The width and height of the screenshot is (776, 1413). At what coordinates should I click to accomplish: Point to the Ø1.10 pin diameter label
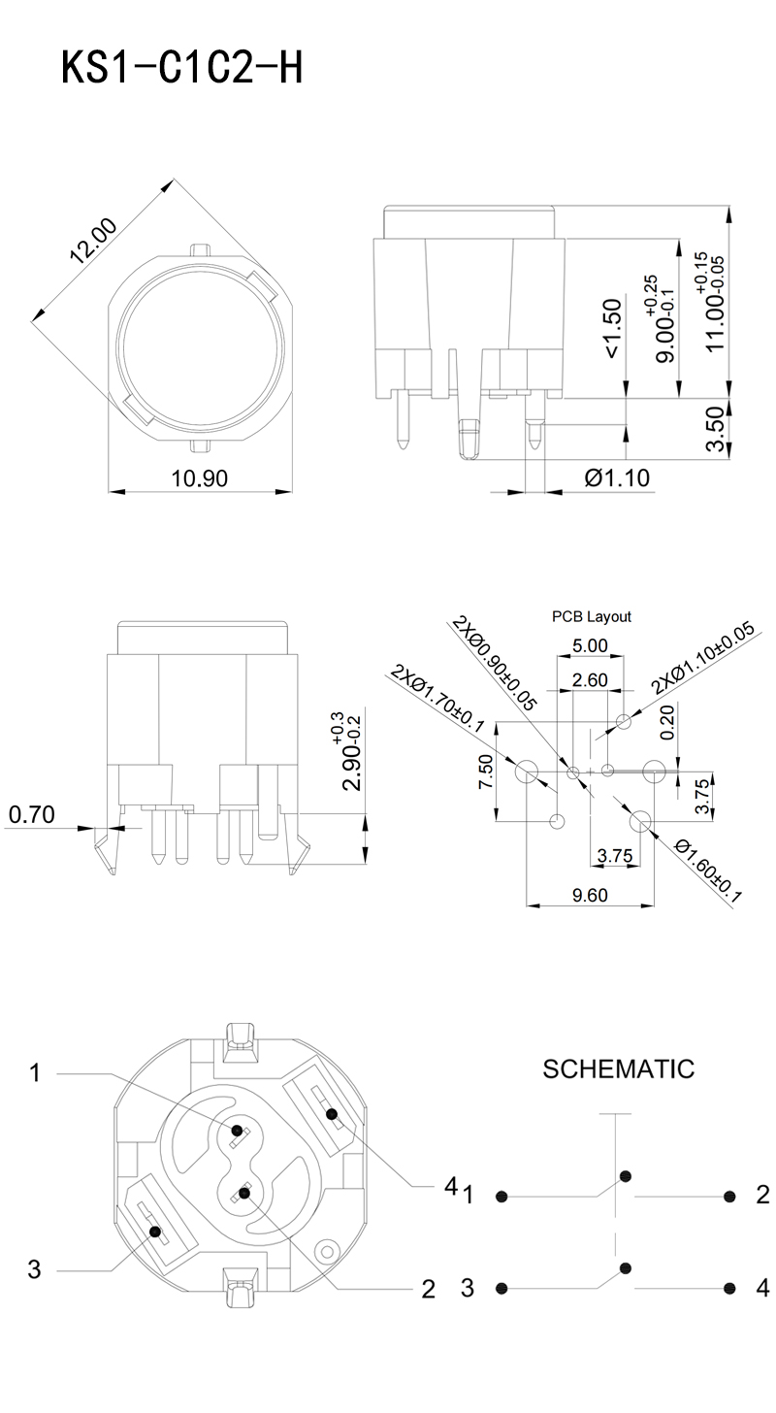617,477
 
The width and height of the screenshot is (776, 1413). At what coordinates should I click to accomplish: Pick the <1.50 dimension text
613,328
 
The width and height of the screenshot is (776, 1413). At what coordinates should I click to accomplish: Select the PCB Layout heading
592,616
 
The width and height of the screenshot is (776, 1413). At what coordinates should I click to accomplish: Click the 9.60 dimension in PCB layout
590,896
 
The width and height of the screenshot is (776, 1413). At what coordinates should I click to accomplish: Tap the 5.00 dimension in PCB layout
590,645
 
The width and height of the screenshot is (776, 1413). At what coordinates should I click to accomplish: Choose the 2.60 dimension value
590,679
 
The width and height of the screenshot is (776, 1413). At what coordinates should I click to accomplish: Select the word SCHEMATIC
618,1069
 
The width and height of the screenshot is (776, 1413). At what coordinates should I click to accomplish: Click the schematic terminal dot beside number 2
727,1196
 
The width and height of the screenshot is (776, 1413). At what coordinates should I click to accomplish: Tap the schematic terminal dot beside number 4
727,1288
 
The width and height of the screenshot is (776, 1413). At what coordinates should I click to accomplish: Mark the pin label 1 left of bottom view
36,1072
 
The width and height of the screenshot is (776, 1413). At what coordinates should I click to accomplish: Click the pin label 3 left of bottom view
35,1268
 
